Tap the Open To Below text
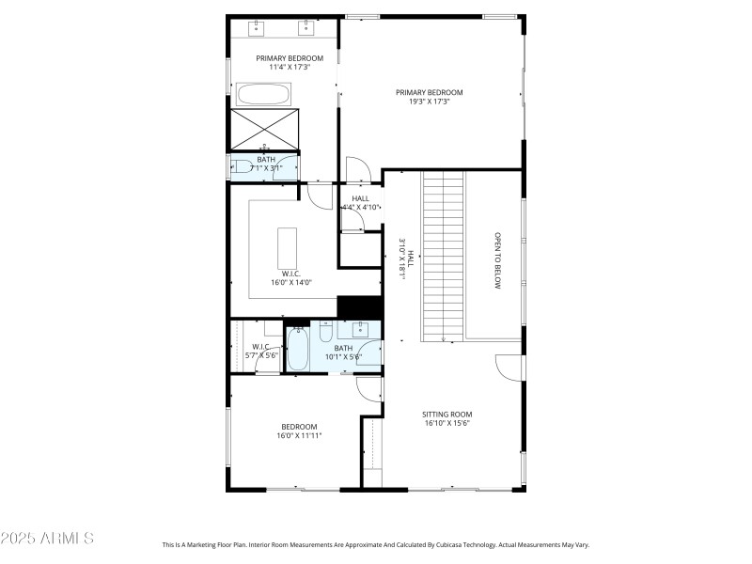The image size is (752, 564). [498, 260]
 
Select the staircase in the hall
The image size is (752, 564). [443, 256]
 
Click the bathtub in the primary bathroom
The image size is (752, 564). [264, 94]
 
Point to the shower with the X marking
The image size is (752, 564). [264, 129]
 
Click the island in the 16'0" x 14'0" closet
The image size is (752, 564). [287, 248]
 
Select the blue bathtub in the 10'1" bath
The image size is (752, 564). [297, 350]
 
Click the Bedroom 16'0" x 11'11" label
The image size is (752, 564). [296, 431]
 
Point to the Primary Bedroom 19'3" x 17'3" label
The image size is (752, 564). [429, 96]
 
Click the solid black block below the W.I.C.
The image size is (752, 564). [359, 307]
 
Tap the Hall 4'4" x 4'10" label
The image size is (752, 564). [360, 202]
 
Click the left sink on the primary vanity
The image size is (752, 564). [256, 29]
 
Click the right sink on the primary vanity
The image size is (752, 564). [306, 29]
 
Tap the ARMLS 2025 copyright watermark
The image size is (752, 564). [47, 539]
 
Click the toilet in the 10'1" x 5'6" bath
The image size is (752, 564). [324, 331]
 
